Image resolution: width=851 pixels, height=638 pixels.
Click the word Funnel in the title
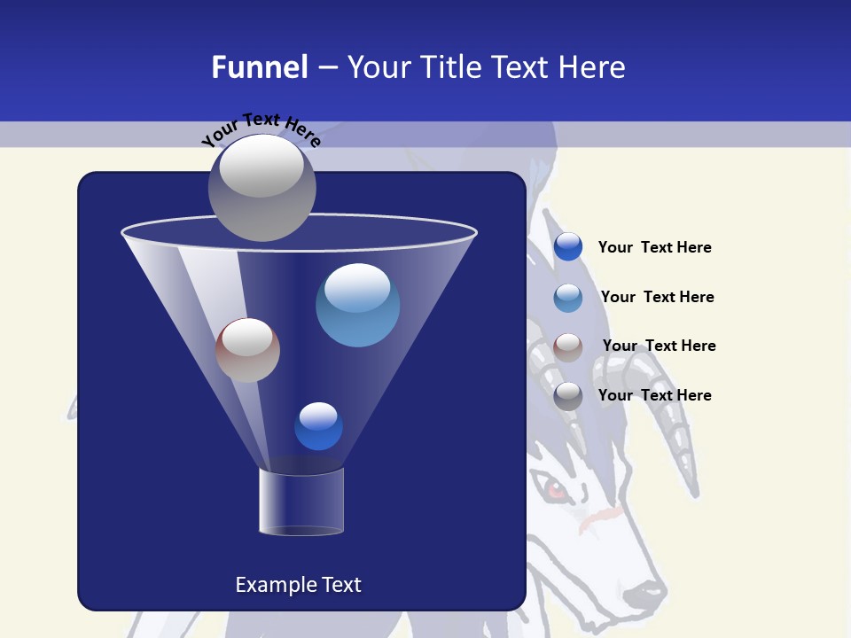point(259,67)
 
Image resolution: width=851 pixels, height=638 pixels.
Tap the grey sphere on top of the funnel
point(262,187)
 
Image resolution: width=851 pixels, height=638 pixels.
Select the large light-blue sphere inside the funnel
point(357,305)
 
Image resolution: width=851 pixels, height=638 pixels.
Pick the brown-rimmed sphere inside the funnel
point(247,350)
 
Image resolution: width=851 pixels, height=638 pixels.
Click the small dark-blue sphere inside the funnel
point(318,426)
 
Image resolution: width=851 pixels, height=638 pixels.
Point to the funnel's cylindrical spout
point(301,501)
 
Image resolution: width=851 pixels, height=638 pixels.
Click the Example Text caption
point(298,585)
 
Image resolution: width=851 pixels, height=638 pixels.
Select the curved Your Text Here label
point(260,129)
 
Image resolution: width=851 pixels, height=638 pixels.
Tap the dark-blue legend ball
point(567,247)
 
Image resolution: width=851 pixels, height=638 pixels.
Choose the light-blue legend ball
point(567,297)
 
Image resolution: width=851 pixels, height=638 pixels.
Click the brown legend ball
point(567,346)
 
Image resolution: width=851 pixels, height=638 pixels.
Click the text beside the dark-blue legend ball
point(654,248)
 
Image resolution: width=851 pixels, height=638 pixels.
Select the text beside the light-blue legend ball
point(657,297)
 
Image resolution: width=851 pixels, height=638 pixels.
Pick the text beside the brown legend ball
point(659,346)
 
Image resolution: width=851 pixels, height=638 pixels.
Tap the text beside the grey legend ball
point(654,395)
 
